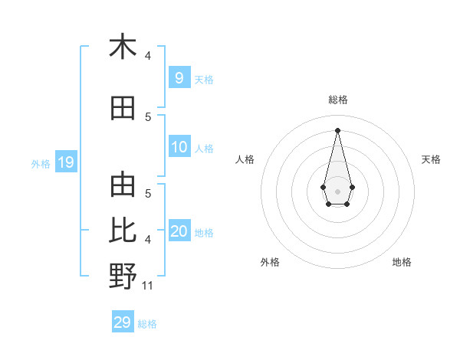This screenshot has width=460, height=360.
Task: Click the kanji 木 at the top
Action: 123,47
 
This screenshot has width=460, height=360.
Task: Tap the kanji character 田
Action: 123,109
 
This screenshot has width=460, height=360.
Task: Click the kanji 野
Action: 123,277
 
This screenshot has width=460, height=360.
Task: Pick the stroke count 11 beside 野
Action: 148,286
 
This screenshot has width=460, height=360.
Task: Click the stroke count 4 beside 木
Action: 148,56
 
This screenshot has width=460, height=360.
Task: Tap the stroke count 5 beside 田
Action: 148,116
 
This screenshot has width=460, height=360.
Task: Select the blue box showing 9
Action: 179,77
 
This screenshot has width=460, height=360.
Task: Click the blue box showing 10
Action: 179,147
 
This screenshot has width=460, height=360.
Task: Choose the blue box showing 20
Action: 179,231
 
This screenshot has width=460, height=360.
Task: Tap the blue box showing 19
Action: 65,162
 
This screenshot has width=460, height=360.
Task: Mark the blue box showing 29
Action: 123,322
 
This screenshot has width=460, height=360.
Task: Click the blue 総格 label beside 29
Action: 147,324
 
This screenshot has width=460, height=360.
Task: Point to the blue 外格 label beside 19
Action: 40,163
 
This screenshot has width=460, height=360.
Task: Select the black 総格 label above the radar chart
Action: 337,100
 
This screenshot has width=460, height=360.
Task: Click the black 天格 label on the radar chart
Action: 432,159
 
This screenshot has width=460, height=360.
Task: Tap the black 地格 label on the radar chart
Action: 402,262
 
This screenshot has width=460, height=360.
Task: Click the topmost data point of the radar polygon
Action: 337,130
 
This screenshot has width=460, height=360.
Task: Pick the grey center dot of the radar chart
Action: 337,190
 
